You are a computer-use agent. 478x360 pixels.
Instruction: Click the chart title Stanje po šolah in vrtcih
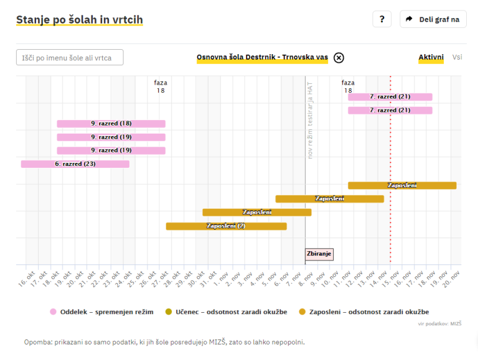pos(80,20)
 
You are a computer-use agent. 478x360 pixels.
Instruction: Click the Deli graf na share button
pos(433,19)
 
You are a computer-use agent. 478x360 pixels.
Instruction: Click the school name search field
pos(70,57)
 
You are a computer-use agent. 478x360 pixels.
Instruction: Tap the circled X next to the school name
pos(339,58)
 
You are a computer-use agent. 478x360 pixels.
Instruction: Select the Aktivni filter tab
pos(431,57)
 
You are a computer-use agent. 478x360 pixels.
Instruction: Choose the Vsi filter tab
pos(457,57)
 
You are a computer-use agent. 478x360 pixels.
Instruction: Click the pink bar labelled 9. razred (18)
pos(111,124)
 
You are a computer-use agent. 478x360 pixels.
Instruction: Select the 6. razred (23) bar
pos(75,164)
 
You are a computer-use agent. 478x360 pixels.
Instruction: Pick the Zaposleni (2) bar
pos(226,226)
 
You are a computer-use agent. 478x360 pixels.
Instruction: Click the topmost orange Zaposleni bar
pos(402,185)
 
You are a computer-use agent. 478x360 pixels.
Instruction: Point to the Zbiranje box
pos(319,254)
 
